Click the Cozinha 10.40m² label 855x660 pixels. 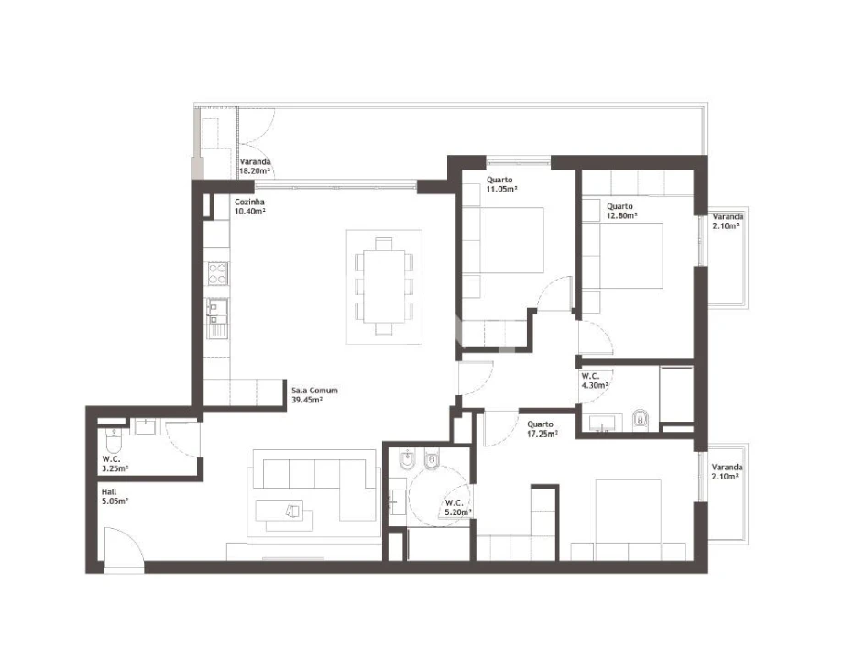249,206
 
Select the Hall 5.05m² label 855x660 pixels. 115,496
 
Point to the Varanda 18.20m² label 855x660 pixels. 254,166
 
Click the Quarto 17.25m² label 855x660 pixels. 542,428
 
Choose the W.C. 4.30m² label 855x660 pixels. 596,380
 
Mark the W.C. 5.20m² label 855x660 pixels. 457,508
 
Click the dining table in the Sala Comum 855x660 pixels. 384,286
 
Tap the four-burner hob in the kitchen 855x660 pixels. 217,273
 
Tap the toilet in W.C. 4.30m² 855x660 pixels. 641,421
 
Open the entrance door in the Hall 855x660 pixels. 123,549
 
